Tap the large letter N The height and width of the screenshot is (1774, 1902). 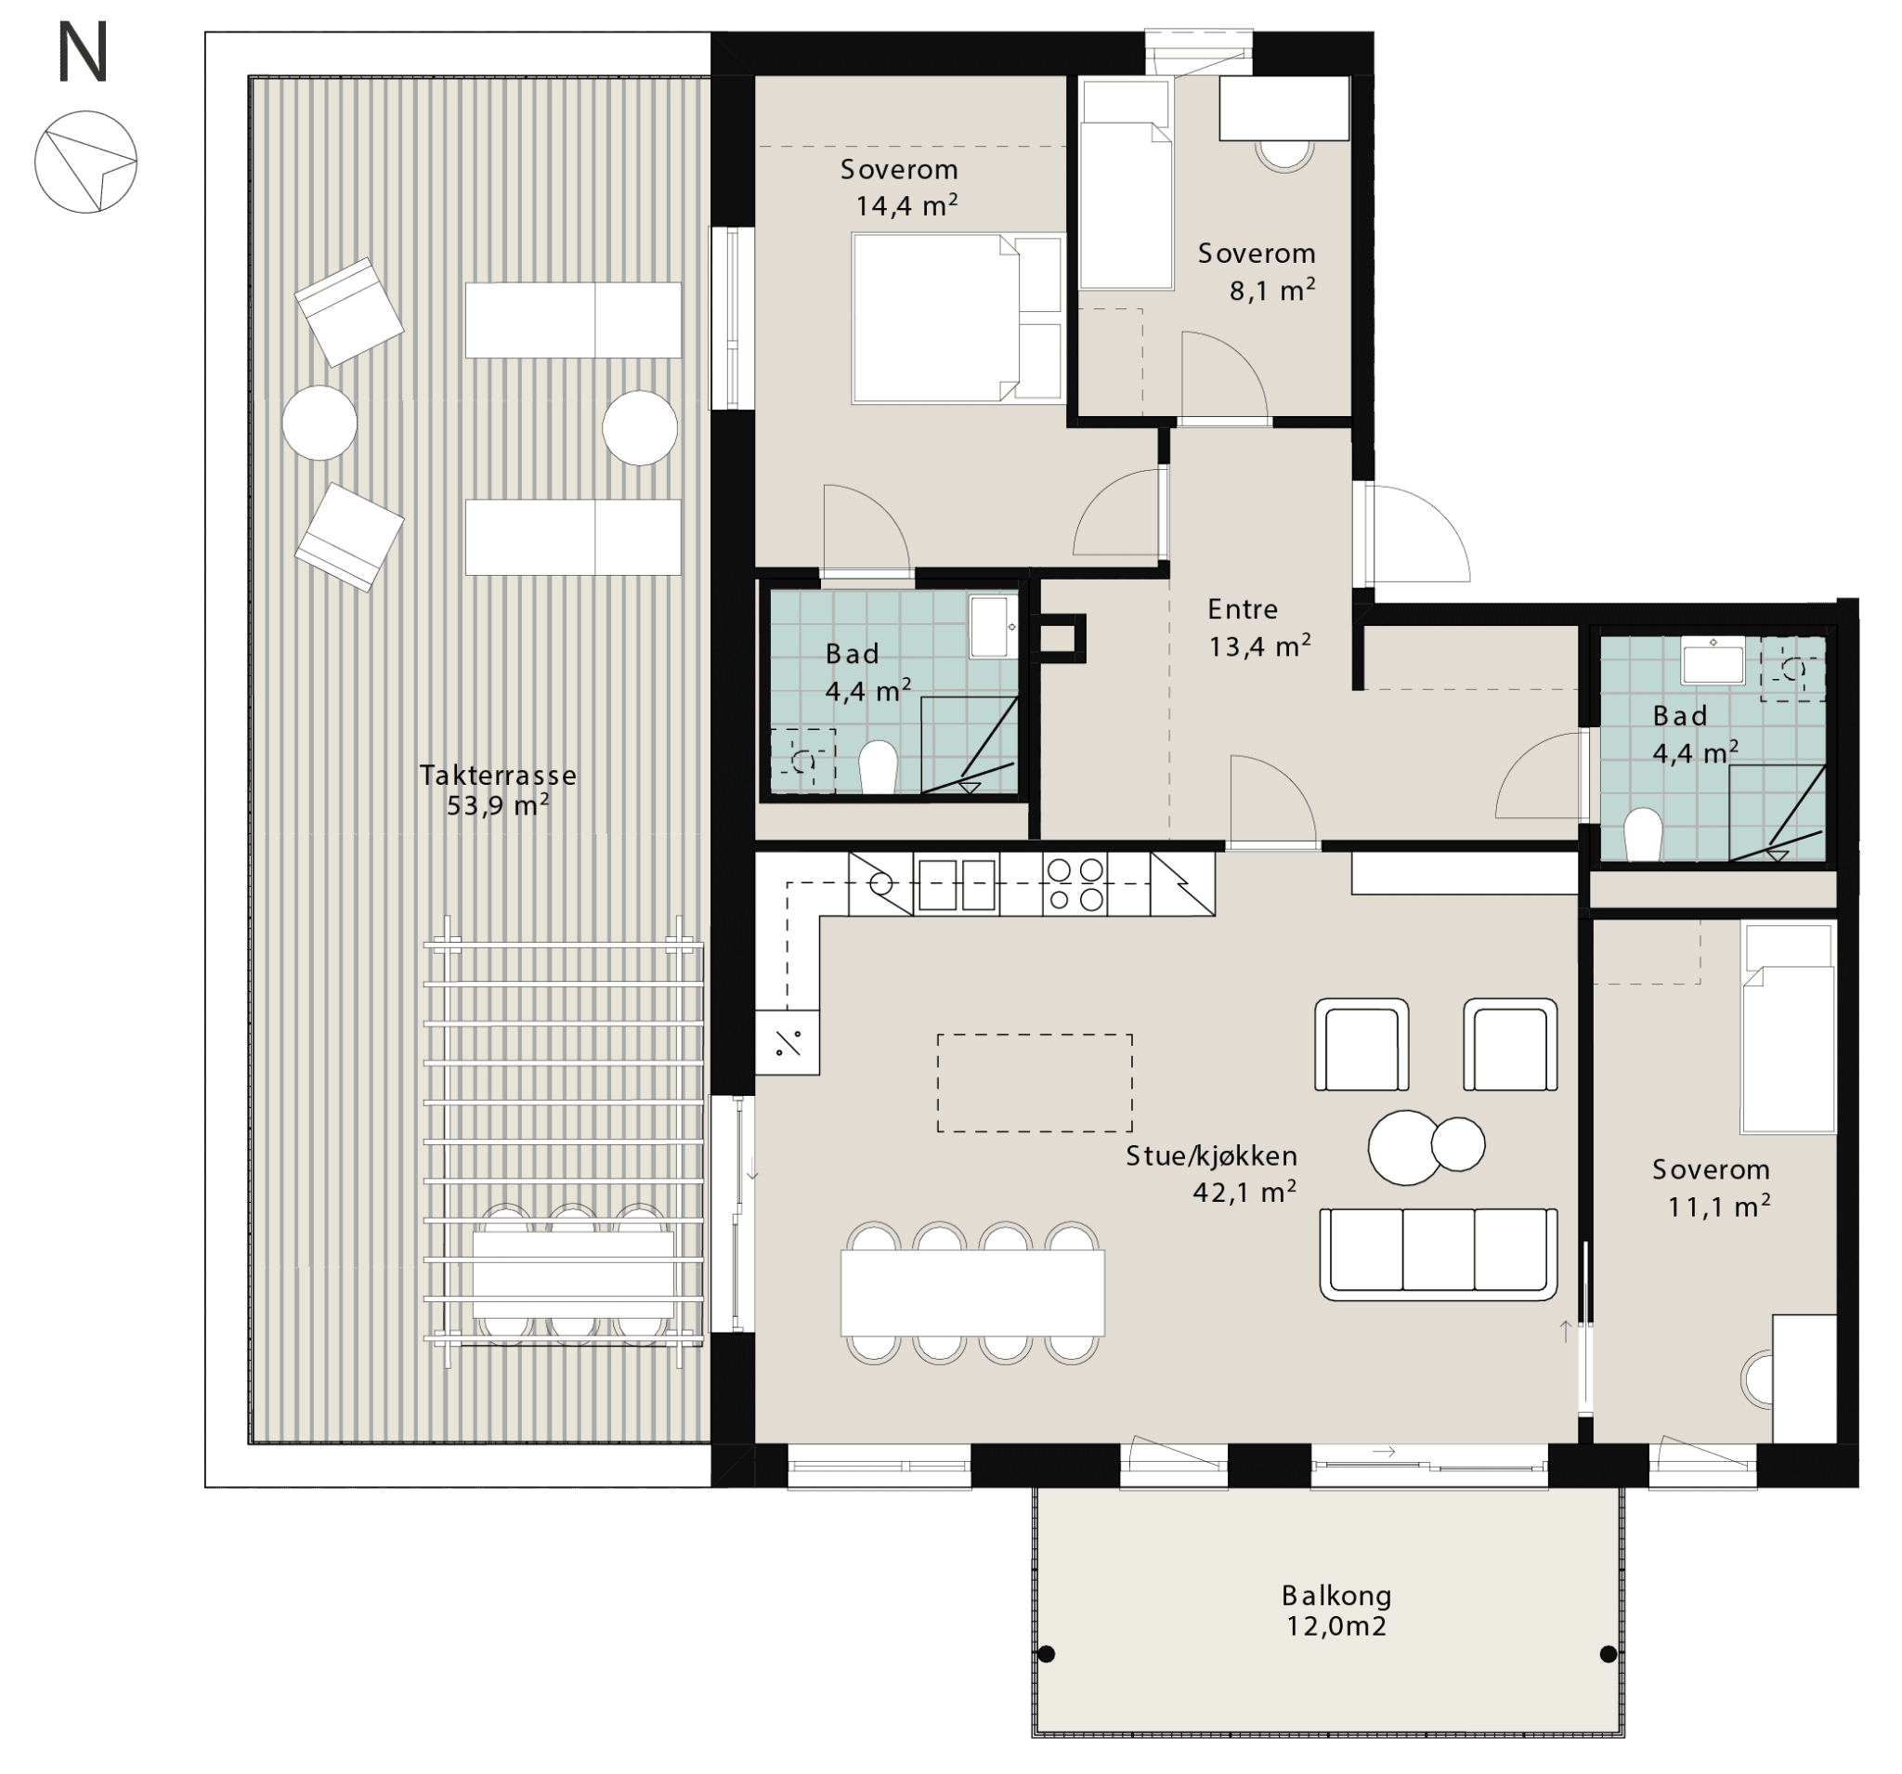click(x=83, y=53)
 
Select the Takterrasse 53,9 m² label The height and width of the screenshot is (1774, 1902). click(x=499, y=789)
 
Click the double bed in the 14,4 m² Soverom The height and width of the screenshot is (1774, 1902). click(x=957, y=318)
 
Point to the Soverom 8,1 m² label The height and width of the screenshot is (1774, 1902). click(x=1257, y=272)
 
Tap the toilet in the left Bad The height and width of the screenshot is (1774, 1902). click(x=878, y=767)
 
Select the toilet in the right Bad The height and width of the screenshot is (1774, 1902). click(x=1644, y=834)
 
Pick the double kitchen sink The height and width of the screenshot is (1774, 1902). click(x=957, y=884)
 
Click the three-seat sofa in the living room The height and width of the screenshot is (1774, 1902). click(x=1438, y=1254)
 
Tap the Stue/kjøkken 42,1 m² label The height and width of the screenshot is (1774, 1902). click(x=1211, y=1173)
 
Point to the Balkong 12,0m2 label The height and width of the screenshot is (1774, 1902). click(x=1336, y=1611)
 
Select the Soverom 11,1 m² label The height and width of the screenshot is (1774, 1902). click(x=1711, y=1187)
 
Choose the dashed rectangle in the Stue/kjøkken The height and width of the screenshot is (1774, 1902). click(x=1035, y=1083)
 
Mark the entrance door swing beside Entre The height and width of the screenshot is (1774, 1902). click(x=1416, y=533)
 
